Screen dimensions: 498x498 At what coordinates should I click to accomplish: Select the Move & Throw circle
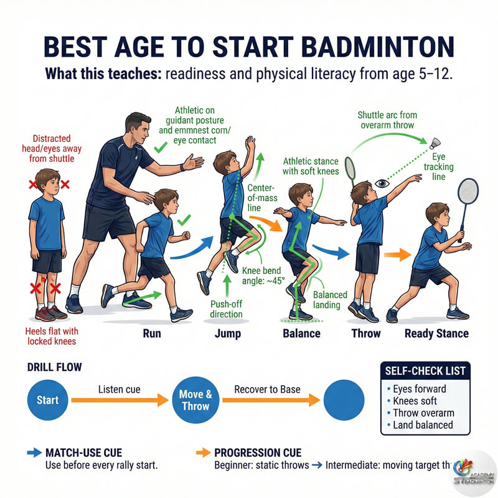pyautogui.click(x=195, y=400)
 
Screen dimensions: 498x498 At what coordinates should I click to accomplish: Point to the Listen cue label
pyautogui.click(x=120, y=390)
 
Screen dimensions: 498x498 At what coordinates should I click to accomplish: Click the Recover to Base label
pyautogui.click(x=267, y=390)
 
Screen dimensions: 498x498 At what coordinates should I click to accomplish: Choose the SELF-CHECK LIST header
pyautogui.click(x=425, y=371)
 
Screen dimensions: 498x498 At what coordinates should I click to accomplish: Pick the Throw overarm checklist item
pyautogui.click(x=423, y=413)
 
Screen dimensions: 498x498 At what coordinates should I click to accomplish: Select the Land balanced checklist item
pyautogui.click(x=423, y=425)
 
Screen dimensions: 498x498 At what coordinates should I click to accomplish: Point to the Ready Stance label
pyautogui.click(x=436, y=333)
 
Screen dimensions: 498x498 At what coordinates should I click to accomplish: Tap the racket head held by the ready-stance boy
pyautogui.click(x=467, y=194)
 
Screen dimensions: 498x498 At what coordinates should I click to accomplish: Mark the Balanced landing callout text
pyautogui.click(x=327, y=299)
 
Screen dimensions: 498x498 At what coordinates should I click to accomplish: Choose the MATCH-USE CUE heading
pyautogui.click(x=83, y=452)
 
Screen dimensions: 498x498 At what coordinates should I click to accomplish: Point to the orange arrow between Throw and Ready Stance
pyautogui.click(x=397, y=254)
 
